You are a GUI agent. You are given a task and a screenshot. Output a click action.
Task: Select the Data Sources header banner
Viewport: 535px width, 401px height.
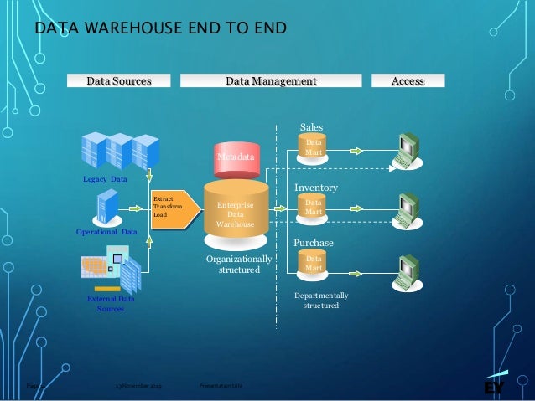pos(119,81)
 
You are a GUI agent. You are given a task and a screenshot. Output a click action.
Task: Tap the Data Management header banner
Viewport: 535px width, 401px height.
pos(271,81)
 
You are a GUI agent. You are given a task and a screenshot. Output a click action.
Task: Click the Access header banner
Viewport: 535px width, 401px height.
pos(408,81)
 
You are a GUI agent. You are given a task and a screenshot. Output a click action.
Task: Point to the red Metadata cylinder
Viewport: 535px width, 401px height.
pos(235,158)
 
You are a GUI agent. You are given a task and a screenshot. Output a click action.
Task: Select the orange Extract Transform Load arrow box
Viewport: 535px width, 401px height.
pos(173,207)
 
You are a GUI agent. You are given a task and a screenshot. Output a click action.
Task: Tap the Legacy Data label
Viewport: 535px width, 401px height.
pos(105,180)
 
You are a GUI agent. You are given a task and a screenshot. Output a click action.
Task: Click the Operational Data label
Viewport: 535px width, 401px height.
pos(106,231)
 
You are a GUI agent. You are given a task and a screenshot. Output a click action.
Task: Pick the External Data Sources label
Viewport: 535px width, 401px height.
pos(110,303)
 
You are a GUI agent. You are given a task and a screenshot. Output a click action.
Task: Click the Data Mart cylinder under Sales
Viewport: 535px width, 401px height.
pos(314,148)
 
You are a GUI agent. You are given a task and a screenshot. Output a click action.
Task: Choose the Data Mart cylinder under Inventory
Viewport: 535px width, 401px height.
pos(314,207)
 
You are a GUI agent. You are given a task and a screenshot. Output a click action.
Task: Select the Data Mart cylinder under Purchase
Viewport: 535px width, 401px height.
pos(314,264)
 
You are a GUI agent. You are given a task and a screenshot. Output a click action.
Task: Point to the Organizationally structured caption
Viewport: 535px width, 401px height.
pos(238,265)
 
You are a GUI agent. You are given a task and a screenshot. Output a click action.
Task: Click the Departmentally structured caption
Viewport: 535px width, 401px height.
pos(321,301)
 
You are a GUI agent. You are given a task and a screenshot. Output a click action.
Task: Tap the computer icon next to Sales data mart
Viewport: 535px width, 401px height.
pos(409,151)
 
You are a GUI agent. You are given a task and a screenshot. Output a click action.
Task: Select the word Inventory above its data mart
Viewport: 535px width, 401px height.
pos(315,188)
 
